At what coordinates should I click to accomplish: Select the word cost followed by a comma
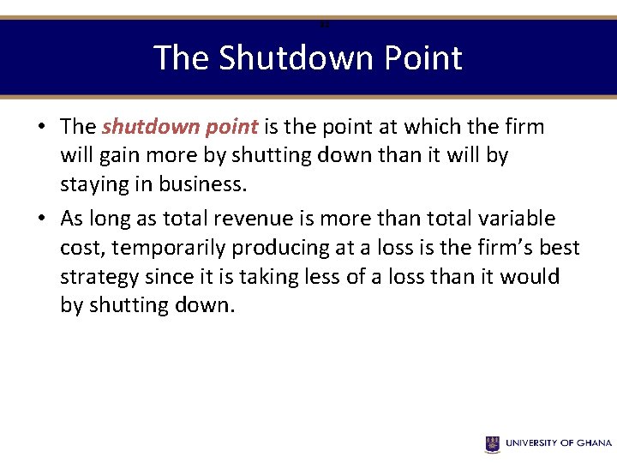coord(80,249)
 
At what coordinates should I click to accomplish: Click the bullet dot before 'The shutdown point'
coord(41,128)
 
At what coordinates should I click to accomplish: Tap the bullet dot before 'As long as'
coord(41,219)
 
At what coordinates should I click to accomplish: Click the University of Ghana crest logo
coord(492,443)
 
